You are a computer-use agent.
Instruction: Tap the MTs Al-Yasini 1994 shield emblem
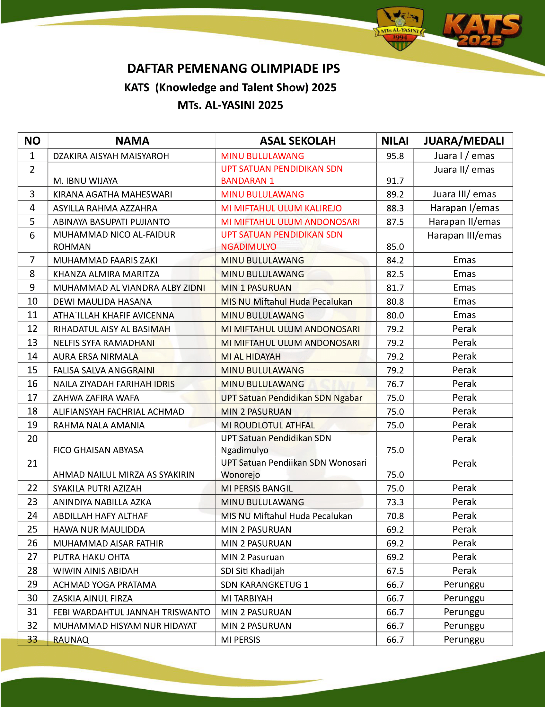tap(400, 29)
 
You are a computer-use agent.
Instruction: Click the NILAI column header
tap(395, 141)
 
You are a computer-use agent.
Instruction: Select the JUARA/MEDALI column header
tap(464, 141)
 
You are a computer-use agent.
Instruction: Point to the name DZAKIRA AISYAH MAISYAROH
tap(111, 156)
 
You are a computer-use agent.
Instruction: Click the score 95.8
tap(395, 156)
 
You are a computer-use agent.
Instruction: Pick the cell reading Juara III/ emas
tap(464, 194)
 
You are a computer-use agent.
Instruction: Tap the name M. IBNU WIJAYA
tap(85, 181)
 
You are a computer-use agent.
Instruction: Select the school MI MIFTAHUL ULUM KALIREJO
tap(281, 208)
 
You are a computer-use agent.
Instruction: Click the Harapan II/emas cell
tap(464, 222)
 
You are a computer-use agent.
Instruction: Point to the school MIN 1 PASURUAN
tap(256, 288)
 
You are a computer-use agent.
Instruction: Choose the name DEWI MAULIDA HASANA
tap(102, 302)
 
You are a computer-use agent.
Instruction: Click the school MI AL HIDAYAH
tap(251, 357)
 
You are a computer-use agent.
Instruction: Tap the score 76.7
tap(395, 384)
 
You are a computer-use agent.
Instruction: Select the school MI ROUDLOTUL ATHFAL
tap(268, 425)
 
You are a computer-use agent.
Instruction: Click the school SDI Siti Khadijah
tap(253, 571)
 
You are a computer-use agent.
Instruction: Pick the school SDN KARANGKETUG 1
tap(265, 585)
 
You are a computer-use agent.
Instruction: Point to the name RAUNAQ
tap(71, 640)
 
